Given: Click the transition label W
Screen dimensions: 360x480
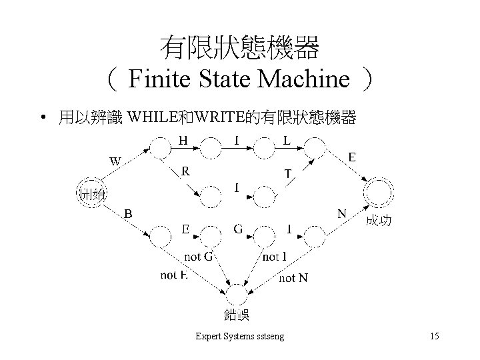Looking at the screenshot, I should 115,161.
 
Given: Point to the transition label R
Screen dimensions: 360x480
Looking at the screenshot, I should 187,171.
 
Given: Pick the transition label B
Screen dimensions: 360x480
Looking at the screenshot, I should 128,213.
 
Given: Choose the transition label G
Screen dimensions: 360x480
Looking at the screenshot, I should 238,229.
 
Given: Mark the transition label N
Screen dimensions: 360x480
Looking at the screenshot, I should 342,214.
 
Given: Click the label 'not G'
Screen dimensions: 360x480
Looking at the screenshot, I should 198,257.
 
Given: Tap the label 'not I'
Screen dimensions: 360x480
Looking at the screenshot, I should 275,257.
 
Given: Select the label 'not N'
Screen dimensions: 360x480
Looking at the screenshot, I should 293,277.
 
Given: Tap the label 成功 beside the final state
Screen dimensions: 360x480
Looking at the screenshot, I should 377,221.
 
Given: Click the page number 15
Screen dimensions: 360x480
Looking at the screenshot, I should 435,337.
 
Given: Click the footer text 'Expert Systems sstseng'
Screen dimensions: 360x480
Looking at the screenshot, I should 239,337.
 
